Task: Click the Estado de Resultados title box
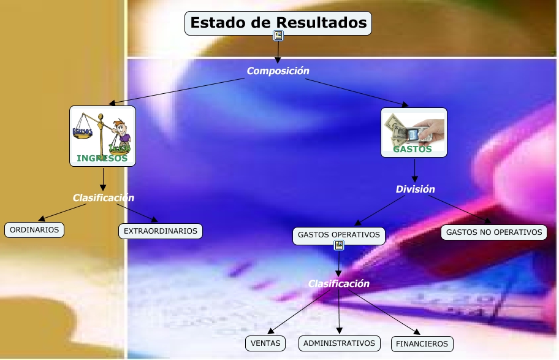[278, 23]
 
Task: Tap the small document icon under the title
[278, 36]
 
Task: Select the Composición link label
[278, 71]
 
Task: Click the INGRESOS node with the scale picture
[102, 136]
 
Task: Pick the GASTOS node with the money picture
[414, 132]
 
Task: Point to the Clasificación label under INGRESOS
[103, 198]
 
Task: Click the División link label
[415, 190]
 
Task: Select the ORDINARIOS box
[34, 230]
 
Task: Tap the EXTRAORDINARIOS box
[161, 231]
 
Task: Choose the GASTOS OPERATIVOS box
[339, 235]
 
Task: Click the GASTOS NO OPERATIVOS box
[494, 232]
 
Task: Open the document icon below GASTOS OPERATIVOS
[339, 246]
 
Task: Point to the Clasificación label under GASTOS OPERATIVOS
[338, 284]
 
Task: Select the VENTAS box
[265, 343]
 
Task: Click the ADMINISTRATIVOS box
[340, 343]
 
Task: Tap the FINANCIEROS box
[422, 344]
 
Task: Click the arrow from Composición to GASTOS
[356, 92]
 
